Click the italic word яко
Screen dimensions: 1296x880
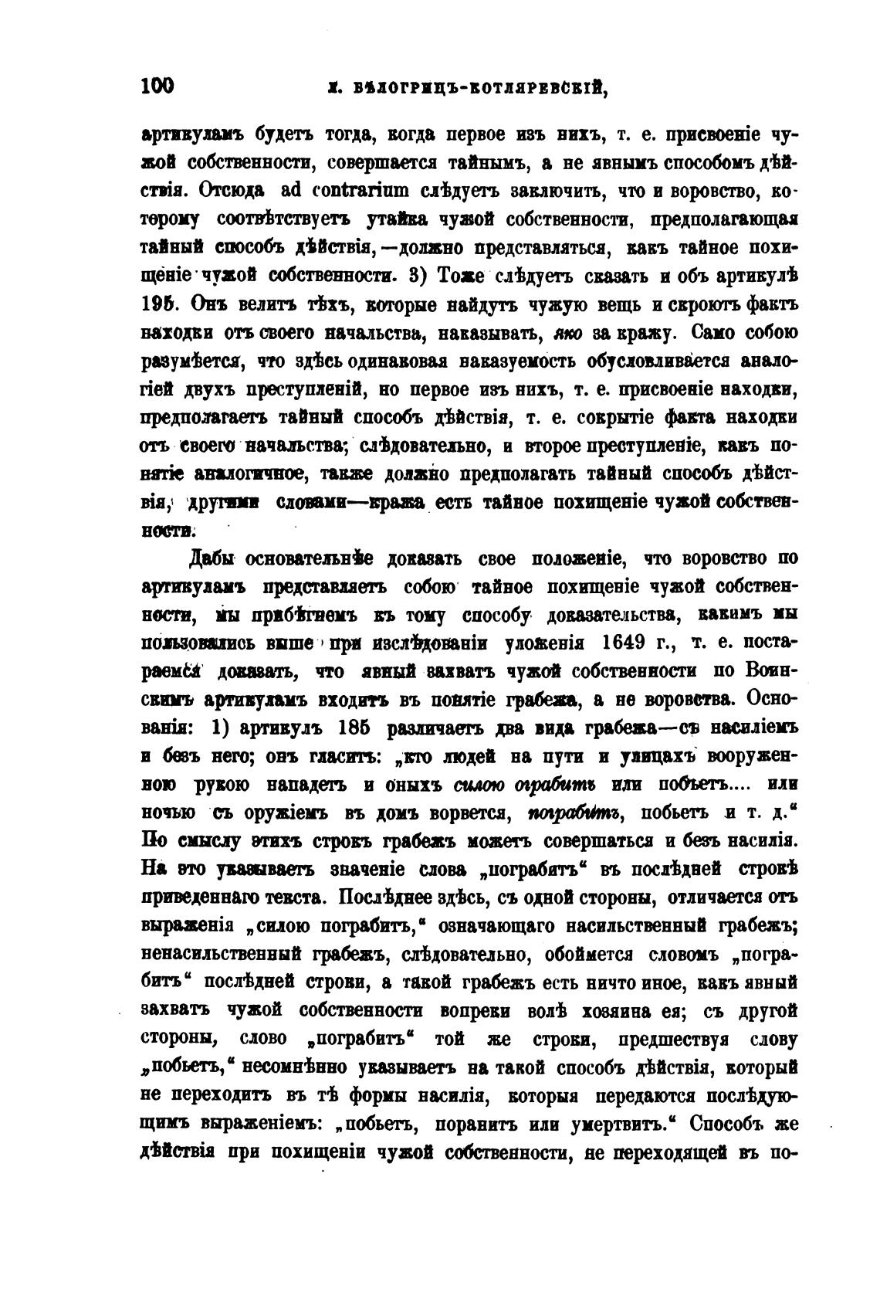tap(570, 334)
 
